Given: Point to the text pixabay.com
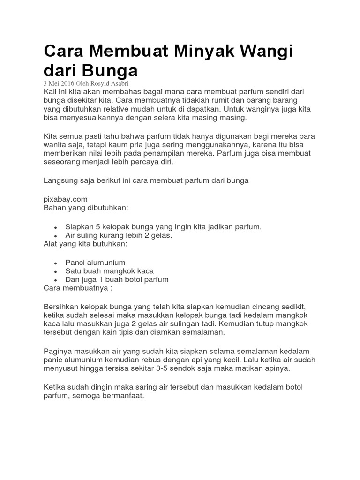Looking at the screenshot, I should (65, 199).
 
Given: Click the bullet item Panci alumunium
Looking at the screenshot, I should (95, 262).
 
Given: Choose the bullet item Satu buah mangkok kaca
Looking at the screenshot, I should (109, 271).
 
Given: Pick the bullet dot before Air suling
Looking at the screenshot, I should (55, 236).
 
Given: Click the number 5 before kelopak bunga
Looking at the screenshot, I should (97, 227).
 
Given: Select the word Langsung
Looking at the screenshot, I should (60, 180).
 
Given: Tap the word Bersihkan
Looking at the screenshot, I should (61, 306).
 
